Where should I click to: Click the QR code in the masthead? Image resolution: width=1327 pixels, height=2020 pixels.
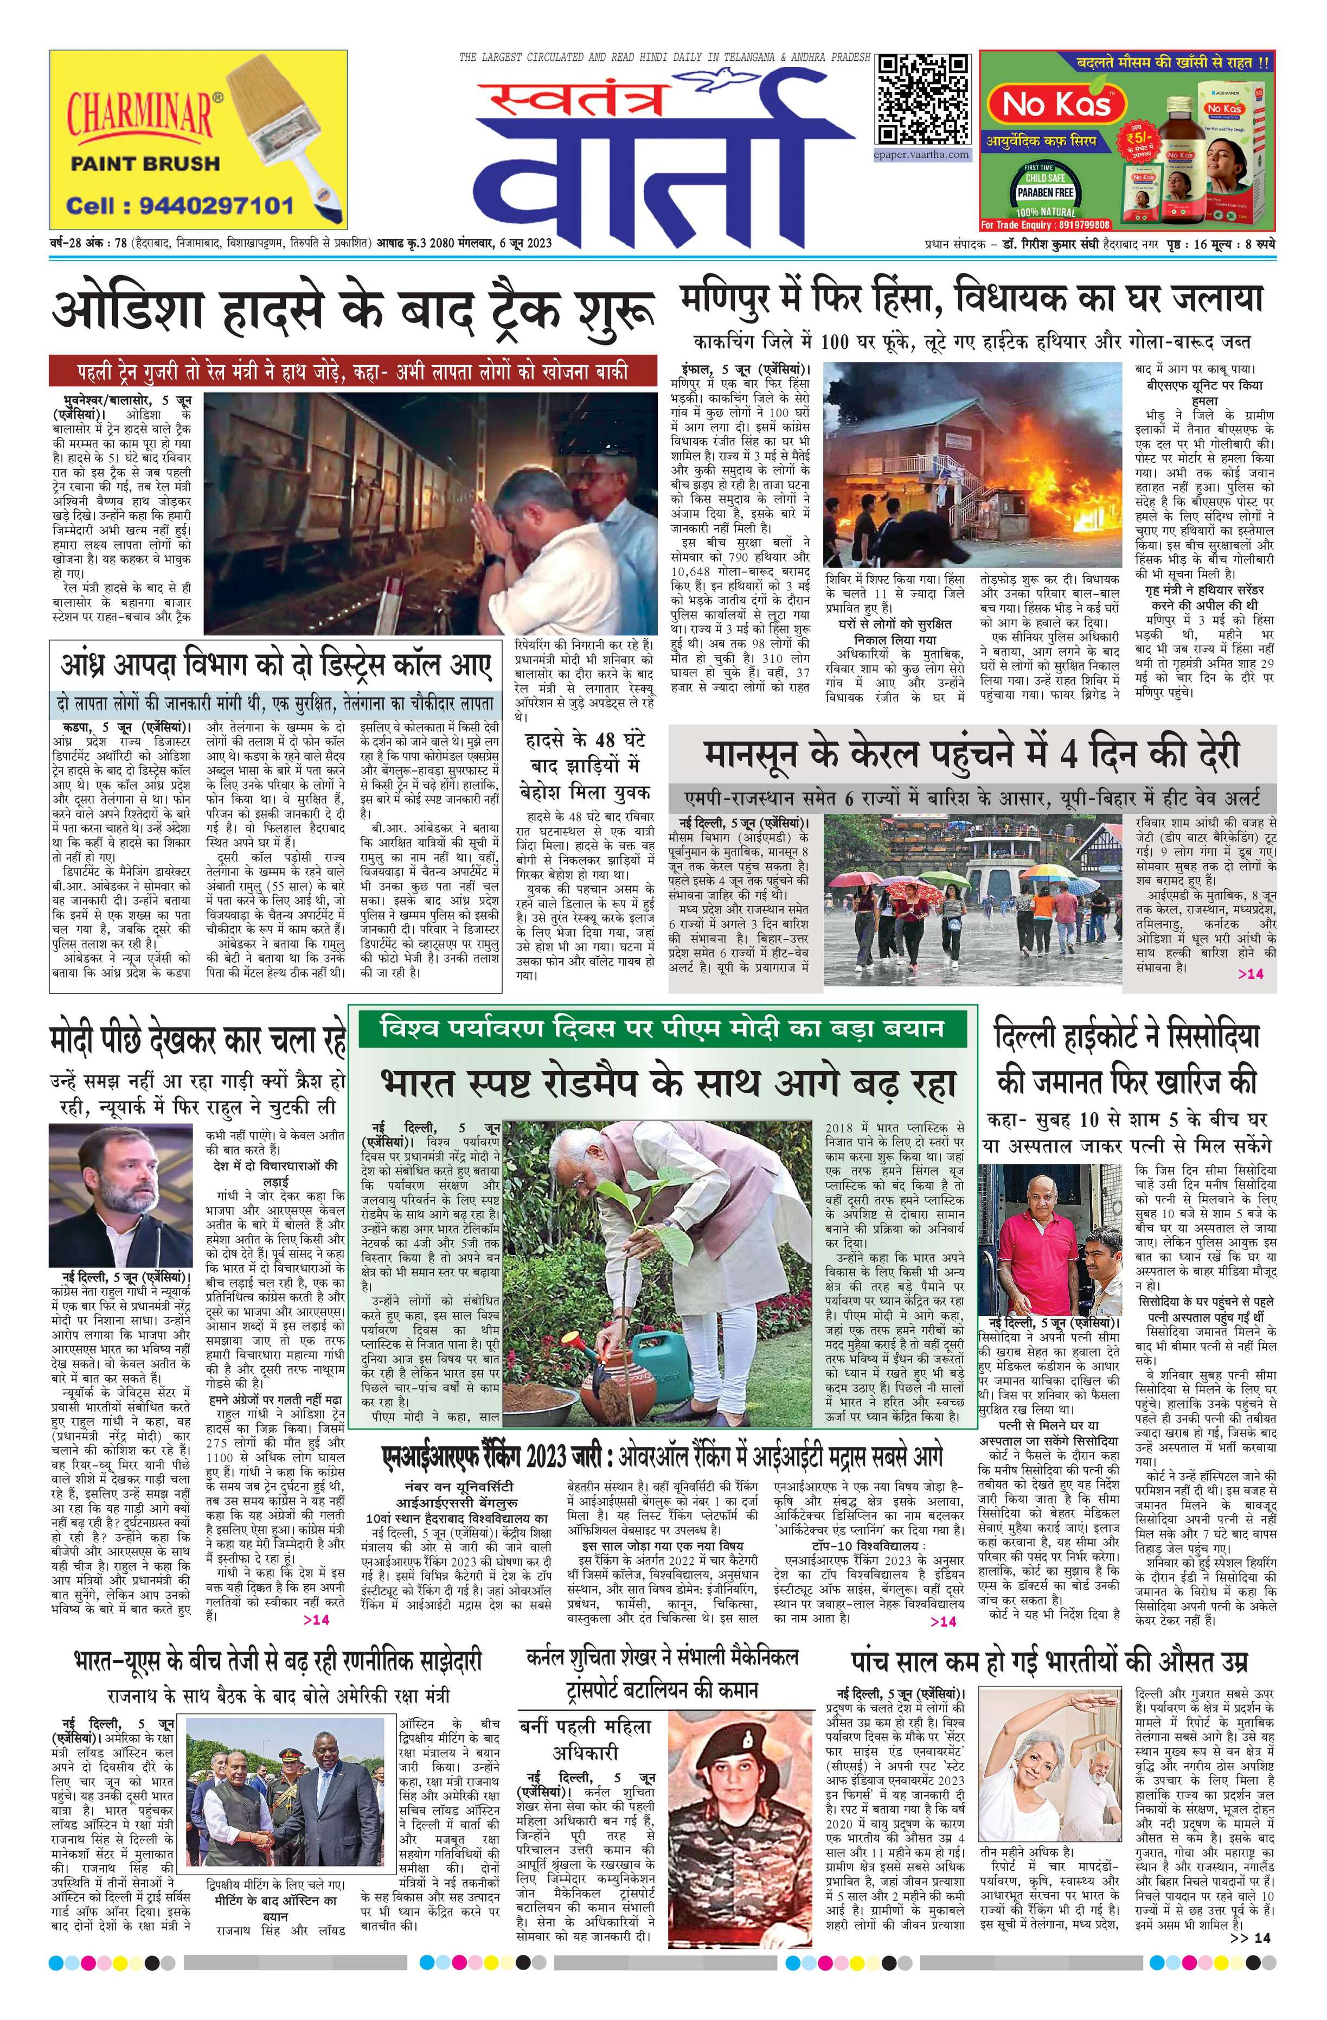coord(923,99)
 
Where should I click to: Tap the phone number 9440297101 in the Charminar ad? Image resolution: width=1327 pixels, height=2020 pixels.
coord(181,206)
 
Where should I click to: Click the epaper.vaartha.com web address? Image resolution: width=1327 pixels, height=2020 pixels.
coord(922,155)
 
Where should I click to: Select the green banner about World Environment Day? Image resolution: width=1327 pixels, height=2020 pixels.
coord(662,1029)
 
